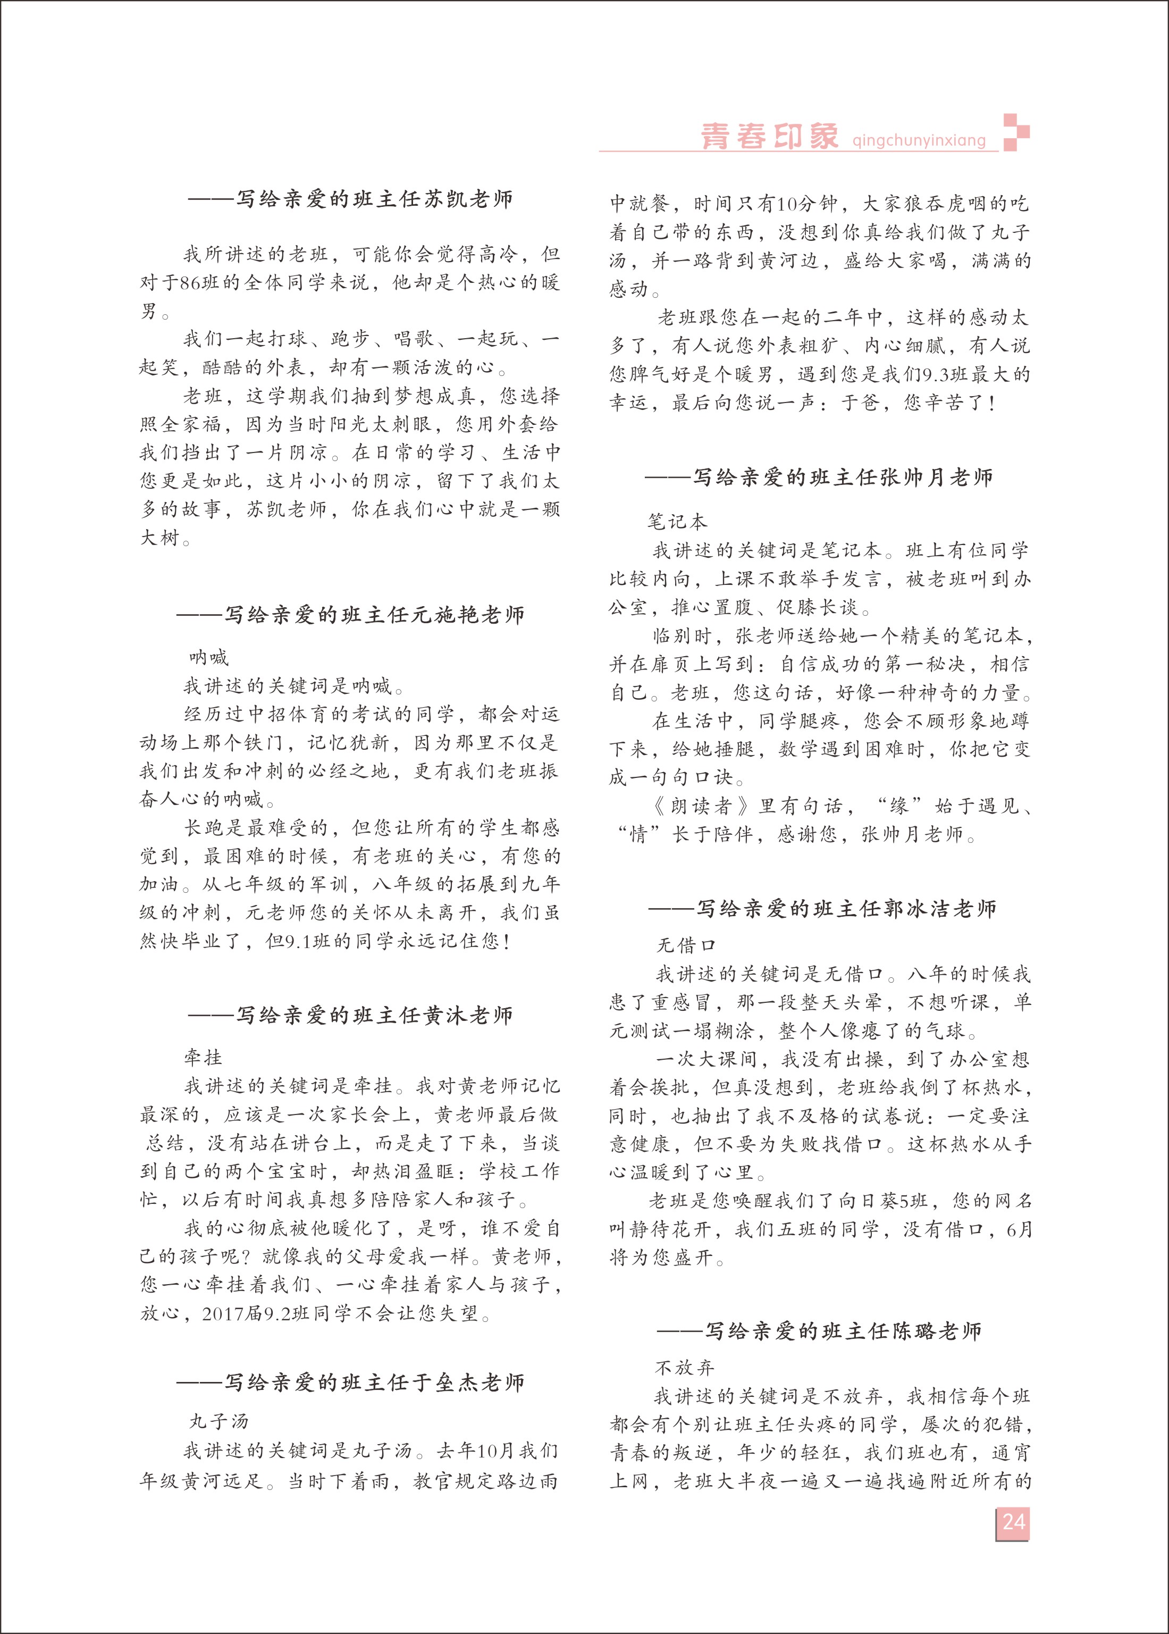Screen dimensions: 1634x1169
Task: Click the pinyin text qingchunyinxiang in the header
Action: click(x=919, y=140)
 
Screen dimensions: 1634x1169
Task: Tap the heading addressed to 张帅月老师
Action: click(x=819, y=477)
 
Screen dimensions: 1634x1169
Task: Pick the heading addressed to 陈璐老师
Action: click(x=819, y=1331)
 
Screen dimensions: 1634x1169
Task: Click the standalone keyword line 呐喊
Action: click(x=209, y=657)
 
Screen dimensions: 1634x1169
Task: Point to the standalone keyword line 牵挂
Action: click(x=203, y=1058)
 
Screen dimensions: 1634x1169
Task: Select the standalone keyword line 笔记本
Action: click(x=677, y=521)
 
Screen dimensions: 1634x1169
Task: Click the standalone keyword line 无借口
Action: click(x=686, y=945)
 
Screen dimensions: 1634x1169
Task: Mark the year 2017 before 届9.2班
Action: click(x=223, y=1314)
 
